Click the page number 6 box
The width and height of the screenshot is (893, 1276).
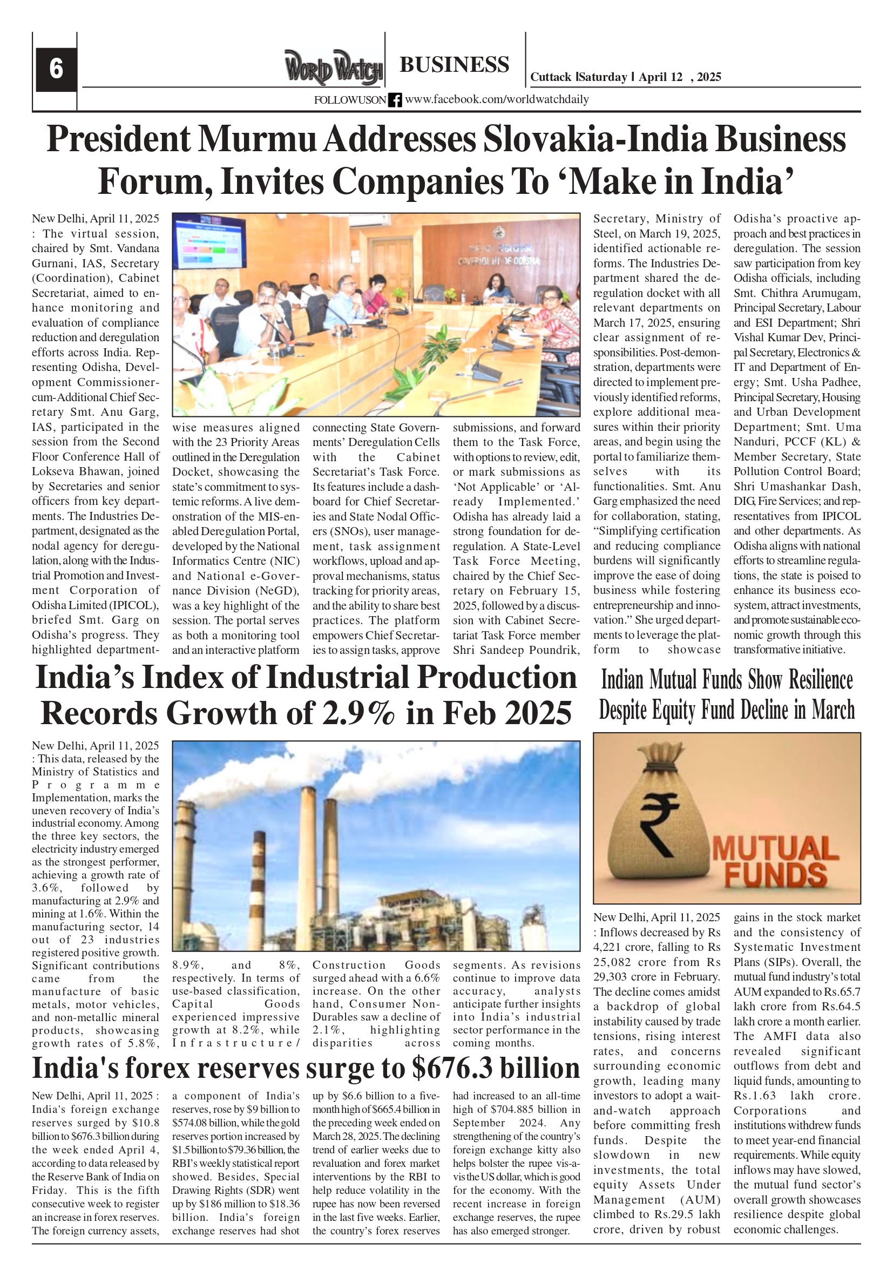[x=56, y=70]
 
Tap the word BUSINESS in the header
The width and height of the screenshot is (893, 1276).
[x=454, y=65]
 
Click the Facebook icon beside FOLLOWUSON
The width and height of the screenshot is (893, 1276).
[x=395, y=100]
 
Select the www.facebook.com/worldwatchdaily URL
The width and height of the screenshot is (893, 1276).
[x=496, y=99]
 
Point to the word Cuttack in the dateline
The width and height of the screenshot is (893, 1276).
[x=550, y=77]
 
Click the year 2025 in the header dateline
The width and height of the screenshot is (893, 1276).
[x=708, y=77]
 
